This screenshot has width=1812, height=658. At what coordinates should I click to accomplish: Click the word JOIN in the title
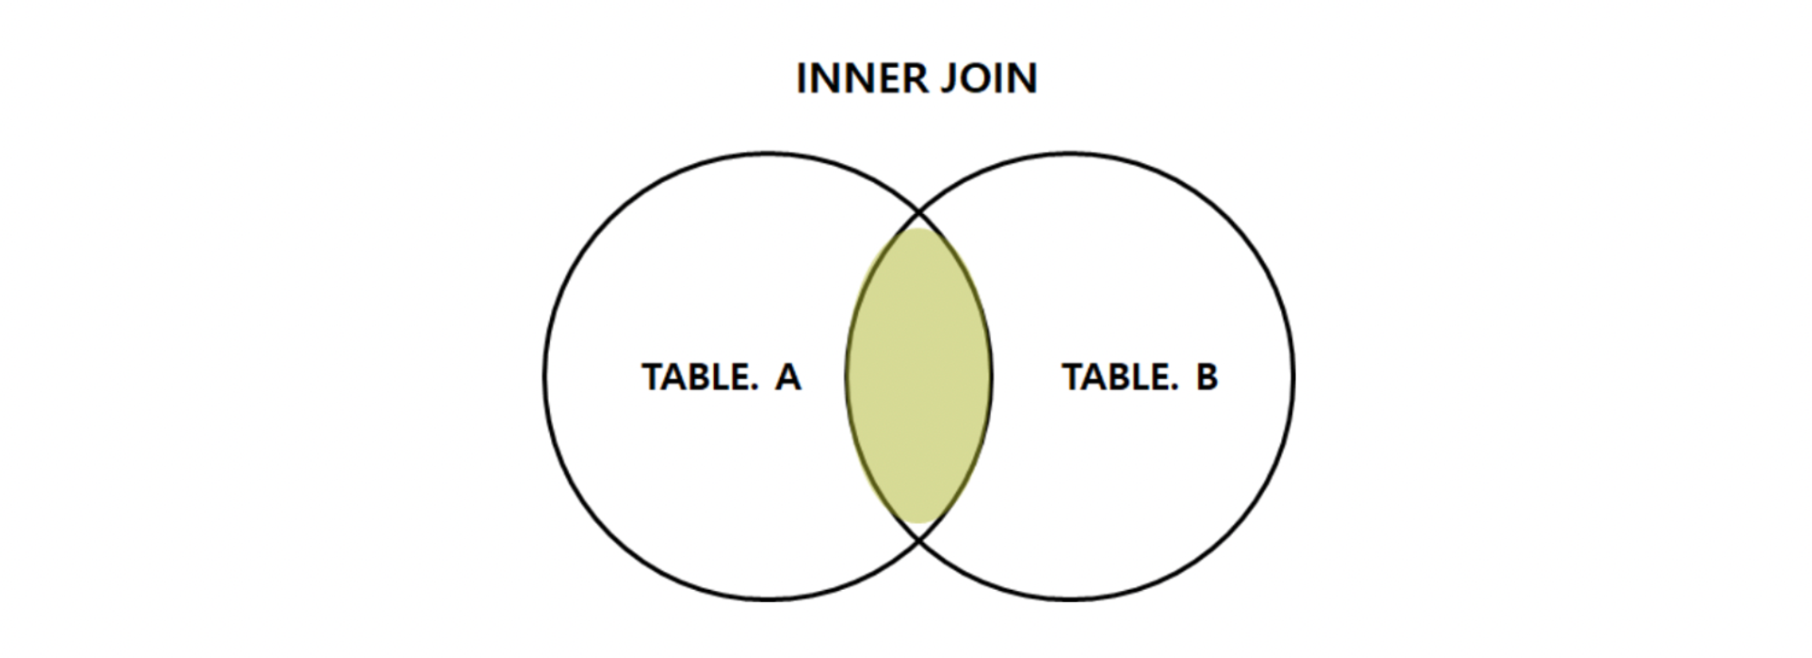[989, 79]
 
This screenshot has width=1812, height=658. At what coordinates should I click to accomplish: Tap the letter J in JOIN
[948, 79]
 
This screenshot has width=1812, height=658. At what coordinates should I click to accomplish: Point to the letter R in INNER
[918, 79]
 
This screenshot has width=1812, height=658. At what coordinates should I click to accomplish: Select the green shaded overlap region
[919, 376]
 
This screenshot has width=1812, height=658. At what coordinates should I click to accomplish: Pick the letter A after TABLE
[787, 377]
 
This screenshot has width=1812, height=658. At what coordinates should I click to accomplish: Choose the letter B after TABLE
[1207, 377]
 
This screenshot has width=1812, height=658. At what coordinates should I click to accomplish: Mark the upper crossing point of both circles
[919, 212]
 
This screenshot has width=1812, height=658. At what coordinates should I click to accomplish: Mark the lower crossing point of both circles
[919, 540]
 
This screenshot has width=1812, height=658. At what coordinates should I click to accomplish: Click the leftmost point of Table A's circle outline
[545, 376]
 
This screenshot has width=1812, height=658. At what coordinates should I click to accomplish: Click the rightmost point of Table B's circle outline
[1293, 376]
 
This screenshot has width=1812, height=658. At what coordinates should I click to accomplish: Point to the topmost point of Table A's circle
[768, 153]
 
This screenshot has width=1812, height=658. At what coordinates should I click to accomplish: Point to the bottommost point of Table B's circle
[1070, 599]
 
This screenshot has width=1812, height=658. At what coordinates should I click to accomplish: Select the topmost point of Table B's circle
[1070, 153]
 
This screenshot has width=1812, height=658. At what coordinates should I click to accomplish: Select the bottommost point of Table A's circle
[768, 599]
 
